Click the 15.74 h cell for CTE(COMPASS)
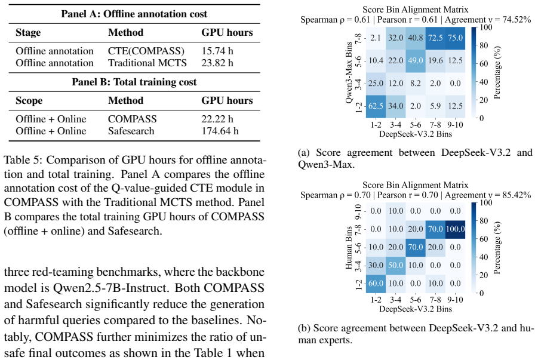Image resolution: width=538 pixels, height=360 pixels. pos(217,51)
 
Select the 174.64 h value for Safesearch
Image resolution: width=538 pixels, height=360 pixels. pos(220,131)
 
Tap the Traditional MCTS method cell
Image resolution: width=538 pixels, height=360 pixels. pos(147,63)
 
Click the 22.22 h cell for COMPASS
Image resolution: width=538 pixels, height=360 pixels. pos(217,119)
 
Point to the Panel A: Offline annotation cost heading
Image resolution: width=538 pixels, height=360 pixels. pos(134,14)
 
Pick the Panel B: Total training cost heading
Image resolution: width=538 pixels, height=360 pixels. pos(134,82)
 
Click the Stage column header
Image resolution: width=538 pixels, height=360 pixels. pos(28,33)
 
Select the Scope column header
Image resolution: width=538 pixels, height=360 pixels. pos(29,101)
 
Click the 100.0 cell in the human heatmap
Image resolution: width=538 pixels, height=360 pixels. pos(456,229)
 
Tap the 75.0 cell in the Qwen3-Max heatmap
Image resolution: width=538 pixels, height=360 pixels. pos(456,38)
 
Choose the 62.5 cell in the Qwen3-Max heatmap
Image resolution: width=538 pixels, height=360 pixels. pos(376,106)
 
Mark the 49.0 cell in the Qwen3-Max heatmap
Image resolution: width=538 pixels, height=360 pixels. pos(416,61)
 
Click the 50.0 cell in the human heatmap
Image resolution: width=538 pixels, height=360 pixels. pos(396,265)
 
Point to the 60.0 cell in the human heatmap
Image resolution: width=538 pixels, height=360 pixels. pos(376,284)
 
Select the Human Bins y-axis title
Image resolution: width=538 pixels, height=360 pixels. pos(349,247)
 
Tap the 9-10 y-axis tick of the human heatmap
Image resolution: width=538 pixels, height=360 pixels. pos(358,211)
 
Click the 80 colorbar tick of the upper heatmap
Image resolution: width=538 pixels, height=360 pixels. pos(484,45)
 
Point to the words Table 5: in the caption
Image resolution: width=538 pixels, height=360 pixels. pos(23,160)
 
